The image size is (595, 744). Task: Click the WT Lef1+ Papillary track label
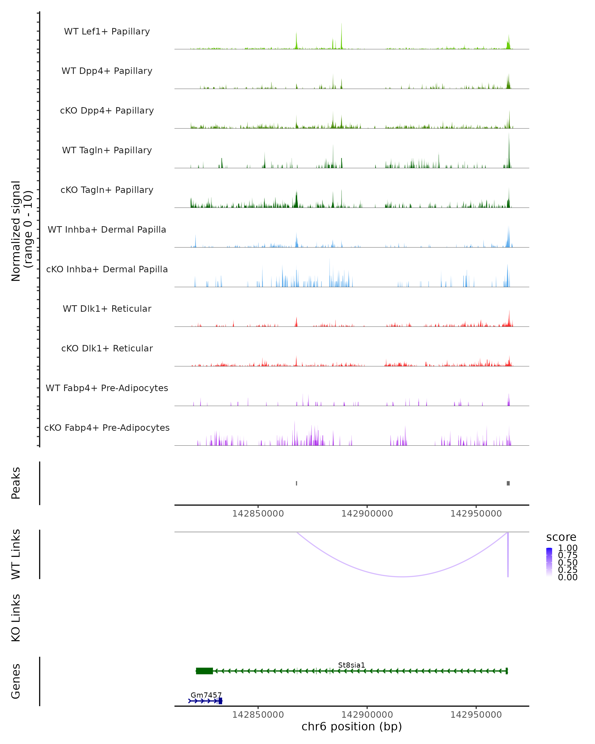(107, 31)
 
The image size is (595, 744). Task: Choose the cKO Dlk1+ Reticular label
(107, 348)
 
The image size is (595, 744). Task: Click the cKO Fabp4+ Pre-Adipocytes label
(107, 428)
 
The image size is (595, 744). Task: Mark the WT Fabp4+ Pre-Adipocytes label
(107, 388)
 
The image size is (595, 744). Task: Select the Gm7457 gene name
(206, 695)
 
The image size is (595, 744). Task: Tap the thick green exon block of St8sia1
(204, 671)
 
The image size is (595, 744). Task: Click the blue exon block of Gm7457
(220, 701)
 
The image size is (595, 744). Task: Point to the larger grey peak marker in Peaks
(508, 483)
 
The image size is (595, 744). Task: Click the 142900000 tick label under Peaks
(367, 514)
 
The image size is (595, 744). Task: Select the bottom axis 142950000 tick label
(476, 715)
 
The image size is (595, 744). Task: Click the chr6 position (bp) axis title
(352, 726)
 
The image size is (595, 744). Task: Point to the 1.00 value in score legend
(567, 548)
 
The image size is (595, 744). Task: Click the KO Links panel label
(16, 618)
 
